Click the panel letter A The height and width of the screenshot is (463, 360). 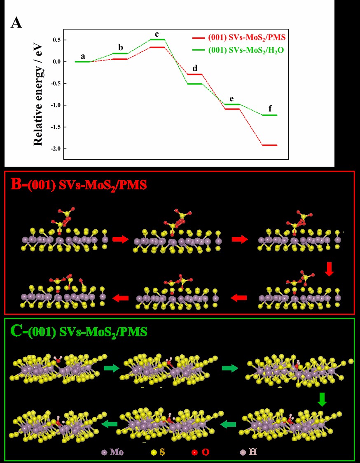(x=16, y=23)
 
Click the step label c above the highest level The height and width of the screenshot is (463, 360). (x=157, y=33)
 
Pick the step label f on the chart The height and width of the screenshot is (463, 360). (x=270, y=109)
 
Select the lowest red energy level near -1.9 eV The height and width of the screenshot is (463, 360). (x=269, y=145)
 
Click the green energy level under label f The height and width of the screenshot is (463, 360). (x=269, y=115)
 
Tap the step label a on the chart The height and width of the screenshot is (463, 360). (x=83, y=56)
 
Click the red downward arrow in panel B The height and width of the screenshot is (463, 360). (x=329, y=269)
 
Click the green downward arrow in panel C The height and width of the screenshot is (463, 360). (x=323, y=399)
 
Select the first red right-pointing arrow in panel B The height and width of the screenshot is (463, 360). (x=120, y=239)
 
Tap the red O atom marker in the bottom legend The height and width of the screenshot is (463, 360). (x=194, y=453)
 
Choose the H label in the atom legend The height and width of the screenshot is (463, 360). (x=252, y=452)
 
